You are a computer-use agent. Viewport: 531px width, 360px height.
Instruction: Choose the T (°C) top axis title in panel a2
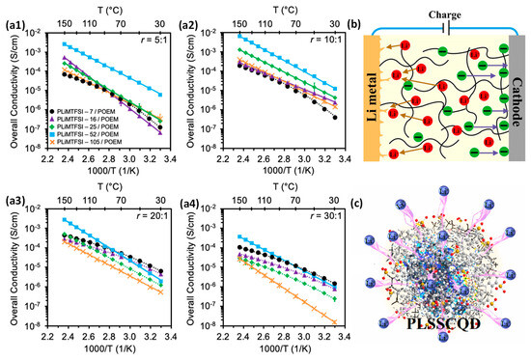pos(262,8)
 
